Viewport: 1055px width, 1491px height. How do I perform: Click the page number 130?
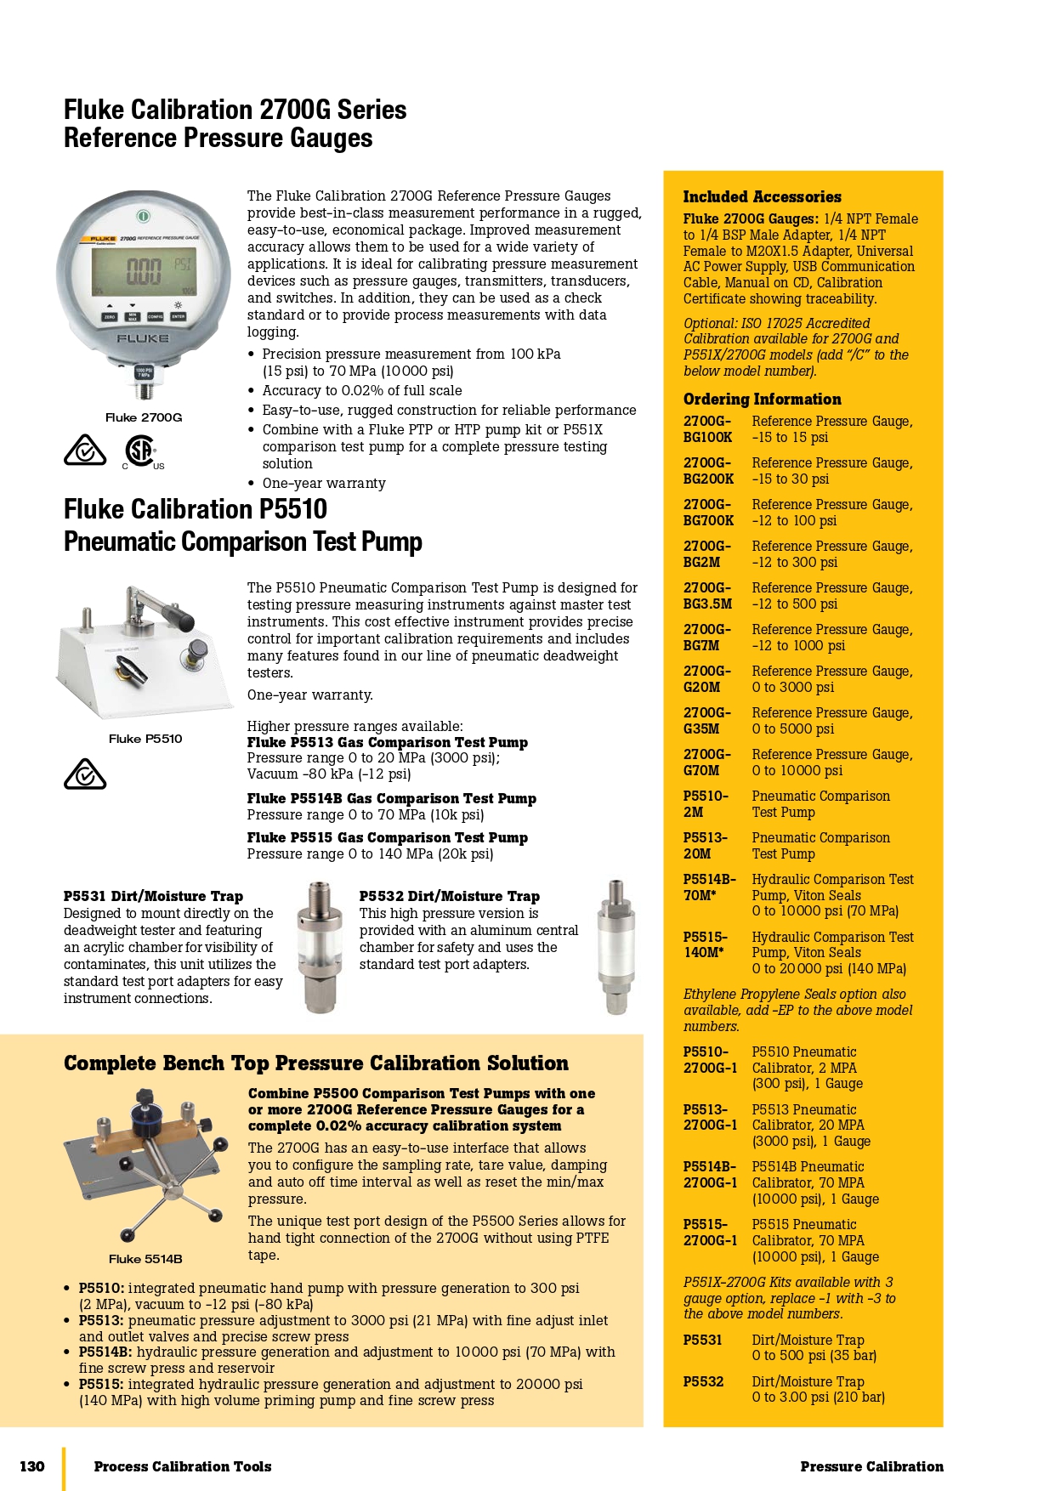[x=32, y=1466]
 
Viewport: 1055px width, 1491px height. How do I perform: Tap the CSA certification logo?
[x=141, y=451]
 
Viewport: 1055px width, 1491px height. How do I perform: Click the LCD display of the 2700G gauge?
[x=145, y=272]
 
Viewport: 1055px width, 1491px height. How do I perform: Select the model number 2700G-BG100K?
[x=707, y=429]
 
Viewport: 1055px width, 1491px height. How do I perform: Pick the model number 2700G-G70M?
[x=707, y=763]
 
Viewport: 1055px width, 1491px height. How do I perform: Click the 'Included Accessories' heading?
[x=762, y=197]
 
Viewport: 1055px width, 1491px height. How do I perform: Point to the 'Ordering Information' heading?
[x=762, y=400]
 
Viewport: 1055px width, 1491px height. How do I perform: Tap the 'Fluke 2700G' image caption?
[x=144, y=417]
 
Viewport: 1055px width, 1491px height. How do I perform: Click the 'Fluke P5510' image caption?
[x=145, y=739]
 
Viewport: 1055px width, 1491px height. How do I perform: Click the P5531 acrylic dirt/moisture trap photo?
[x=320, y=947]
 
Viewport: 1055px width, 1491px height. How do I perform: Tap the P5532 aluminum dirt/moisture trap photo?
[x=615, y=947]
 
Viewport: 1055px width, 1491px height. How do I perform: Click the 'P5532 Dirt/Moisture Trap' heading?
[x=449, y=896]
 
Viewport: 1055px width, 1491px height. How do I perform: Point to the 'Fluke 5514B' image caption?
[x=145, y=1259]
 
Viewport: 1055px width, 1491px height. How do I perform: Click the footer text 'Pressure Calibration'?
[x=871, y=1466]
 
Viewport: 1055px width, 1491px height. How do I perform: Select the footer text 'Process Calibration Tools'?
[x=183, y=1466]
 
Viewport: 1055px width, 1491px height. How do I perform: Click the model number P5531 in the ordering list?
[x=703, y=1341]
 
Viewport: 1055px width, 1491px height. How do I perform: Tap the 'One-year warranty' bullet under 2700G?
[x=324, y=484]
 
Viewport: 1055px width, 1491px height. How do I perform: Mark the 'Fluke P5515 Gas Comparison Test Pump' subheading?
[x=388, y=838]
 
